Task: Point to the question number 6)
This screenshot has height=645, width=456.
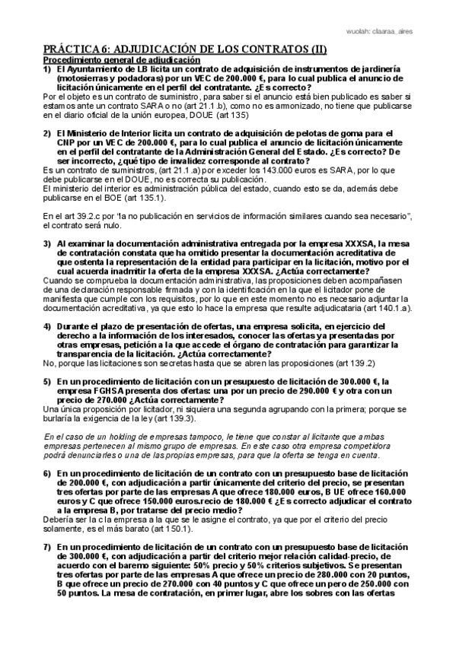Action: pyautogui.click(x=46, y=472)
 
